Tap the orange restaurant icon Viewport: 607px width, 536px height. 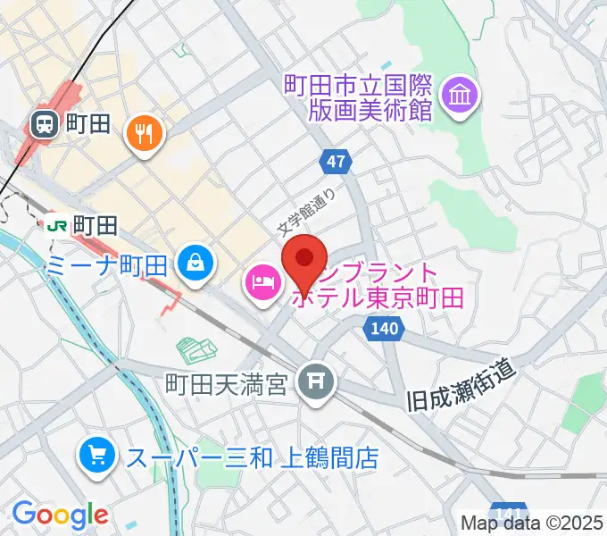[x=145, y=134]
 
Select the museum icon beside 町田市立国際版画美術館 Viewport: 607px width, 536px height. [x=462, y=96]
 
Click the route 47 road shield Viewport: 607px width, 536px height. [x=335, y=162]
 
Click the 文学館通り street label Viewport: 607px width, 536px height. [x=307, y=215]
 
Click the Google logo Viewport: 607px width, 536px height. [x=60, y=515]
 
